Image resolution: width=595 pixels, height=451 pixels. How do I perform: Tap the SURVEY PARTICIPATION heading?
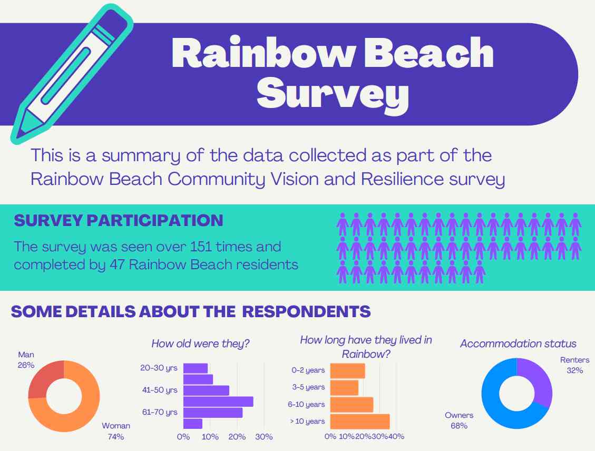click(x=119, y=220)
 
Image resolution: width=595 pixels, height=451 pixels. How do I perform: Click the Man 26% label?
click(x=26, y=360)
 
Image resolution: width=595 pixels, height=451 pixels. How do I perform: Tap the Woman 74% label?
click(x=115, y=430)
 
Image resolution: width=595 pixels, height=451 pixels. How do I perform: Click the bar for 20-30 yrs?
click(x=196, y=368)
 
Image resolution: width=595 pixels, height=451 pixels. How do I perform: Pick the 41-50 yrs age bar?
click(x=206, y=390)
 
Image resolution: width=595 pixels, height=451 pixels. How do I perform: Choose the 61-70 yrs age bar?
click(x=213, y=413)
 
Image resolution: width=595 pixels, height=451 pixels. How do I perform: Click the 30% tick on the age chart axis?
click(x=264, y=437)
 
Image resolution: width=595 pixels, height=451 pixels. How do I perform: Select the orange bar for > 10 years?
click(x=360, y=421)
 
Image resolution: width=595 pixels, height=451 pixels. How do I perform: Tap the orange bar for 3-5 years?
click(x=344, y=387)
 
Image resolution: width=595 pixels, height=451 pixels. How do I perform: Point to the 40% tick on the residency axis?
click(x=396, y=437)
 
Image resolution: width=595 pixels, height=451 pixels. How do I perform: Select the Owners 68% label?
click(x=459, y=420)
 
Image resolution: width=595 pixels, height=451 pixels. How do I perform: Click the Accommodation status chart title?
click(x=518, y=344)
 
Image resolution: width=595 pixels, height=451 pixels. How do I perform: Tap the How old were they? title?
click(x=200, y=344)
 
